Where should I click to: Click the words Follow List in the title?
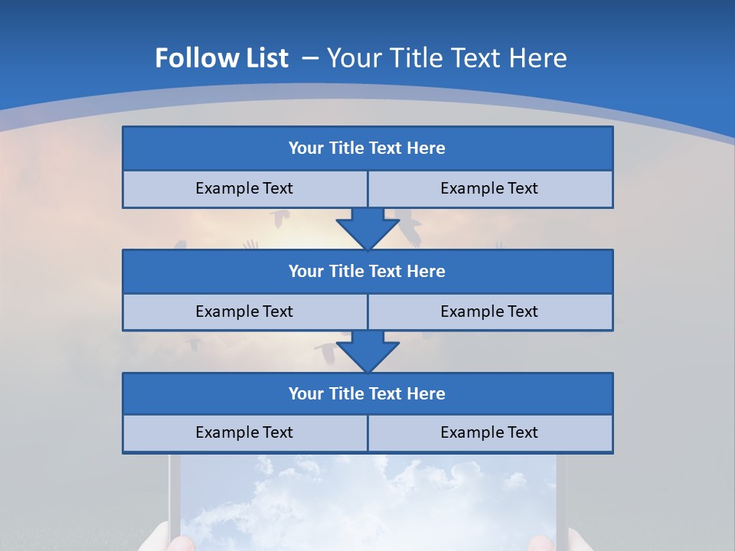pyautogui.click(x=222, y=58)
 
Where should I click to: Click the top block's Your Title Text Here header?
pyautogui.click(x=367, y=148)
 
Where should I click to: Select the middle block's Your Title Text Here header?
pyautogui.click(x=367, y=271)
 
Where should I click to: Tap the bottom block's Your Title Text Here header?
pyautogui.click(x=367, y=393)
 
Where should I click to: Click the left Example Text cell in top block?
pyautogui.click(x=244, y=188)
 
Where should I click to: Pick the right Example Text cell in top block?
pyautogui.click(x=489, y=188)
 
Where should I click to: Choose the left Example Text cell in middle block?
pyautogui.click(x=244, y=311)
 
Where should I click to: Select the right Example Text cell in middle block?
pyautogui.click(x=489, y=311)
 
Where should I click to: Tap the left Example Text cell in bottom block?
pyautogui.click(x=244, y=432)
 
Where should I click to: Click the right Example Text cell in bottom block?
pyautogui.click(x=489, y=432)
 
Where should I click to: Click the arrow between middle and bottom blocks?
pyautogui.click(x=367, y=351)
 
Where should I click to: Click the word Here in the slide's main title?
pyautogui.click(x=541, y=58)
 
